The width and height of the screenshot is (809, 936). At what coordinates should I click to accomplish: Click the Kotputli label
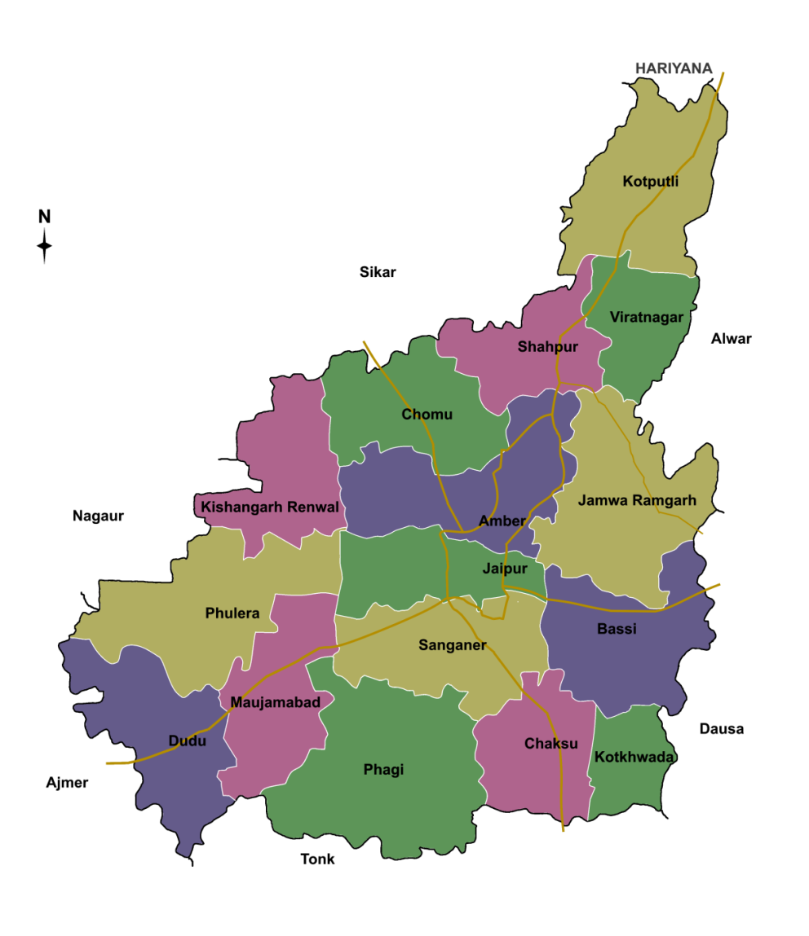point(650,181)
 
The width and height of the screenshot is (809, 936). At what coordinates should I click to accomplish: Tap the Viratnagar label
point(646,317)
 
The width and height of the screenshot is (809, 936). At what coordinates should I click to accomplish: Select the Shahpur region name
point(548,347)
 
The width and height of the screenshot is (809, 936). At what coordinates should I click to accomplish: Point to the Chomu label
point(427,415)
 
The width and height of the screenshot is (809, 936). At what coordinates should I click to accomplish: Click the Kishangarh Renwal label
point(270,507)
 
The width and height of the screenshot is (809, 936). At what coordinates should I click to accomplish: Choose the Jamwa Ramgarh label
point(637,500)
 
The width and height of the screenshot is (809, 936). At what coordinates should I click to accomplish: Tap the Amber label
point(502,521)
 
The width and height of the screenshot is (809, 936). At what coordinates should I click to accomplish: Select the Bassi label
point(617,629)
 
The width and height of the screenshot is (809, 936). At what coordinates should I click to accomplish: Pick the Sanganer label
point(453,645)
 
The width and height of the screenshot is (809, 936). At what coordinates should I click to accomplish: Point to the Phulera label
point(232,613)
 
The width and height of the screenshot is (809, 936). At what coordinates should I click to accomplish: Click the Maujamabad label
point(270,701)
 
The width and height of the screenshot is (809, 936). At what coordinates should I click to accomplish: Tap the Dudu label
point(187,741)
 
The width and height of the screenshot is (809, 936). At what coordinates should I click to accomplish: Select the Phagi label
point(383,770)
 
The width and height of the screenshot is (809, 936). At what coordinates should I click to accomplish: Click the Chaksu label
point(551,744)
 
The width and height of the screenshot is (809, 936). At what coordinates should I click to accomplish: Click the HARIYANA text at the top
point(674,68)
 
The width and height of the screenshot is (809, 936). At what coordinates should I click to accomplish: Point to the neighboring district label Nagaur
point(98,516)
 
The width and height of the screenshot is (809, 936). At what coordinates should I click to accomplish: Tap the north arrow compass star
point(45,245)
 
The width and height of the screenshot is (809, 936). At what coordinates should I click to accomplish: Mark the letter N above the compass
point(45,217)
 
